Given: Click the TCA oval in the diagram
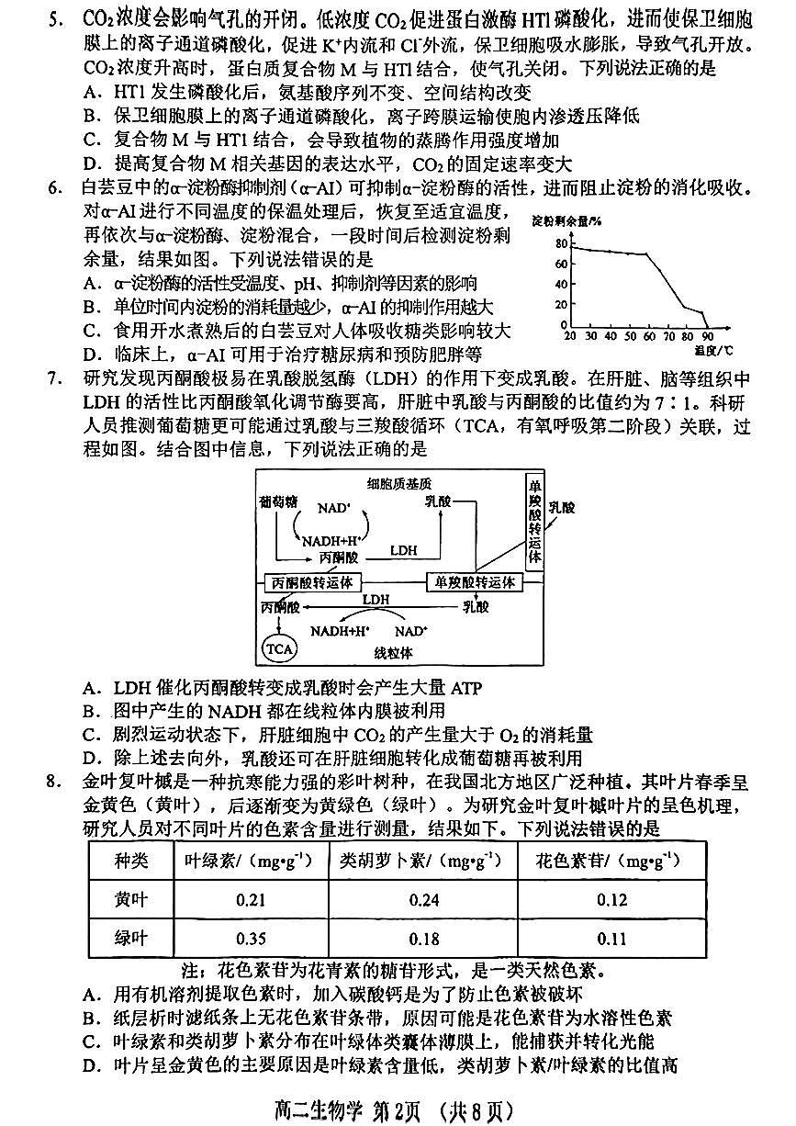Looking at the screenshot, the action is coord(280,648).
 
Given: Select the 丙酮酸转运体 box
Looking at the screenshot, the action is coord(312,582).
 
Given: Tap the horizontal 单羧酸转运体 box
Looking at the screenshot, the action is coord(474,582).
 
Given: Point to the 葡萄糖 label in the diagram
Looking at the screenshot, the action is coord(278,501).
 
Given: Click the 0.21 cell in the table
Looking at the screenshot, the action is coord(251,899).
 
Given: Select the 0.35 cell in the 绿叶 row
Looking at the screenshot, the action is coord(251,939).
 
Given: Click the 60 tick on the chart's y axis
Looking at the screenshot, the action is coord(560,264).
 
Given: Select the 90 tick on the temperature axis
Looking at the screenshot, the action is coord(707,336).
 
